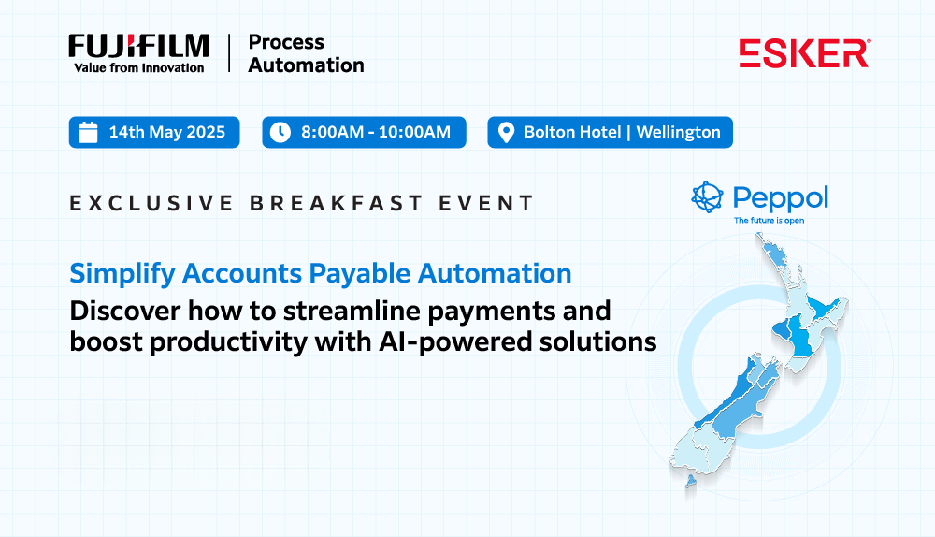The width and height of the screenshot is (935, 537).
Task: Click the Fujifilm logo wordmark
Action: click(138, 47)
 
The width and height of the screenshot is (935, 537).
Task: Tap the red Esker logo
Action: click(804, 53)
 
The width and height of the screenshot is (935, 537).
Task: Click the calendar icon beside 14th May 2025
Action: click(88, 132)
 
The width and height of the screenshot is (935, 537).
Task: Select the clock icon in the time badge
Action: click(280, 132)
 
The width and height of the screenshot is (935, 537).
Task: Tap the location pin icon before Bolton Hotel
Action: click(506, 133)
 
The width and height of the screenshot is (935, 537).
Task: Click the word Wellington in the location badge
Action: click(679, 132)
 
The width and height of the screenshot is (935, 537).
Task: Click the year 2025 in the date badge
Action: click(206, 132)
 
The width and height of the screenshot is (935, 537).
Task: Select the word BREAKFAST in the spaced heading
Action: click(336, 203)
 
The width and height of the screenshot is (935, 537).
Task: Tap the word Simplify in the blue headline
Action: click(122, 274)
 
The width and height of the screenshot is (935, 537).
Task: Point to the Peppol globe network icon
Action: click(707, 196)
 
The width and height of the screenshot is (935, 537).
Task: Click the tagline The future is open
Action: click(769, 220)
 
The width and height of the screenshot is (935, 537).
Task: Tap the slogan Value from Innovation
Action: click(139, 68)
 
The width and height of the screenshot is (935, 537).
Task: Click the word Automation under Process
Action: click(306, 65)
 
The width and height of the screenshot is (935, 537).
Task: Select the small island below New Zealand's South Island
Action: click(691, 481)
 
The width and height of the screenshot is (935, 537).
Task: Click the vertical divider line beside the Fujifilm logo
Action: click(229, 53)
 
